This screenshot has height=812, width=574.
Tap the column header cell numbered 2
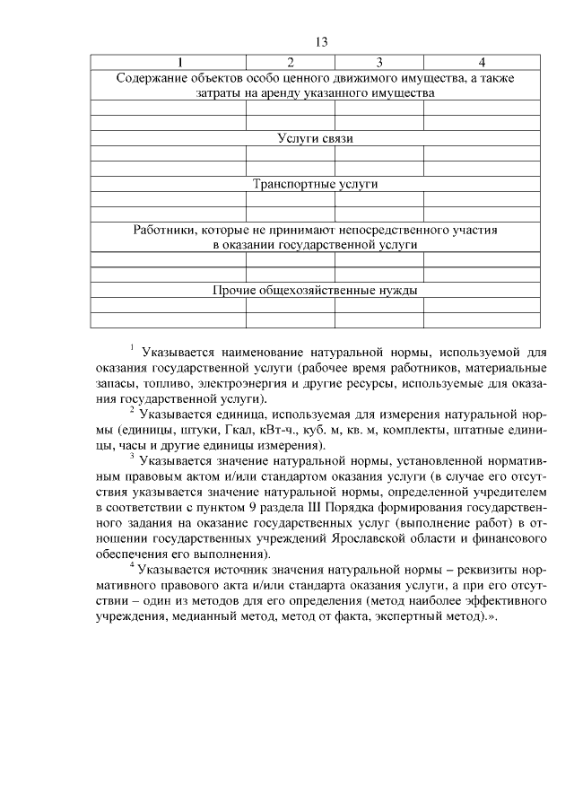tap(291, 62)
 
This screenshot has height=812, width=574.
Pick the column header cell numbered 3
tap(378, 62)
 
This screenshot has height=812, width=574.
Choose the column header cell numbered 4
tap(482, 62)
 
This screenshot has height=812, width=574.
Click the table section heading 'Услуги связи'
tap(316, 138)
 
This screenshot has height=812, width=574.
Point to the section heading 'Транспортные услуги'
tap(316, 184)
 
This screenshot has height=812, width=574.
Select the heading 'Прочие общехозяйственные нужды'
tap(316, 290)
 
